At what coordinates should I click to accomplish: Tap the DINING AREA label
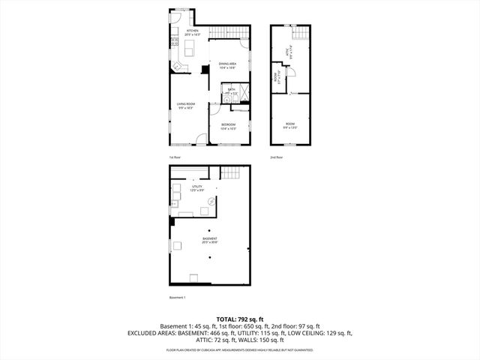(228, 65)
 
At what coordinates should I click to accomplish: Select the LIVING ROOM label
(186, 105)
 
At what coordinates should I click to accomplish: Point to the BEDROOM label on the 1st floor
(227, 126)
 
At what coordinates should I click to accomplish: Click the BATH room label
(231, 91)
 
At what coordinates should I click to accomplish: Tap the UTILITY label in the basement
(196, 187)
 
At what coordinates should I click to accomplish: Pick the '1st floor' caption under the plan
(175, 157)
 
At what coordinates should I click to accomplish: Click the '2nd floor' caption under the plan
(277, 157)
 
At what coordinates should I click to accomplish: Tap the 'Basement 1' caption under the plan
(178, 297)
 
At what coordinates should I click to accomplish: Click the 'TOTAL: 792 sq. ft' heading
(239, 319)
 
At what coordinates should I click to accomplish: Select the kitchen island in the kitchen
(189, 49)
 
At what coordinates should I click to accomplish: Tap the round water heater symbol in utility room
(211, 201)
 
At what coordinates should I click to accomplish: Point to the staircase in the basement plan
(231, 174)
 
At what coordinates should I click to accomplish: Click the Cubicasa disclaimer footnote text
(239, 350)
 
